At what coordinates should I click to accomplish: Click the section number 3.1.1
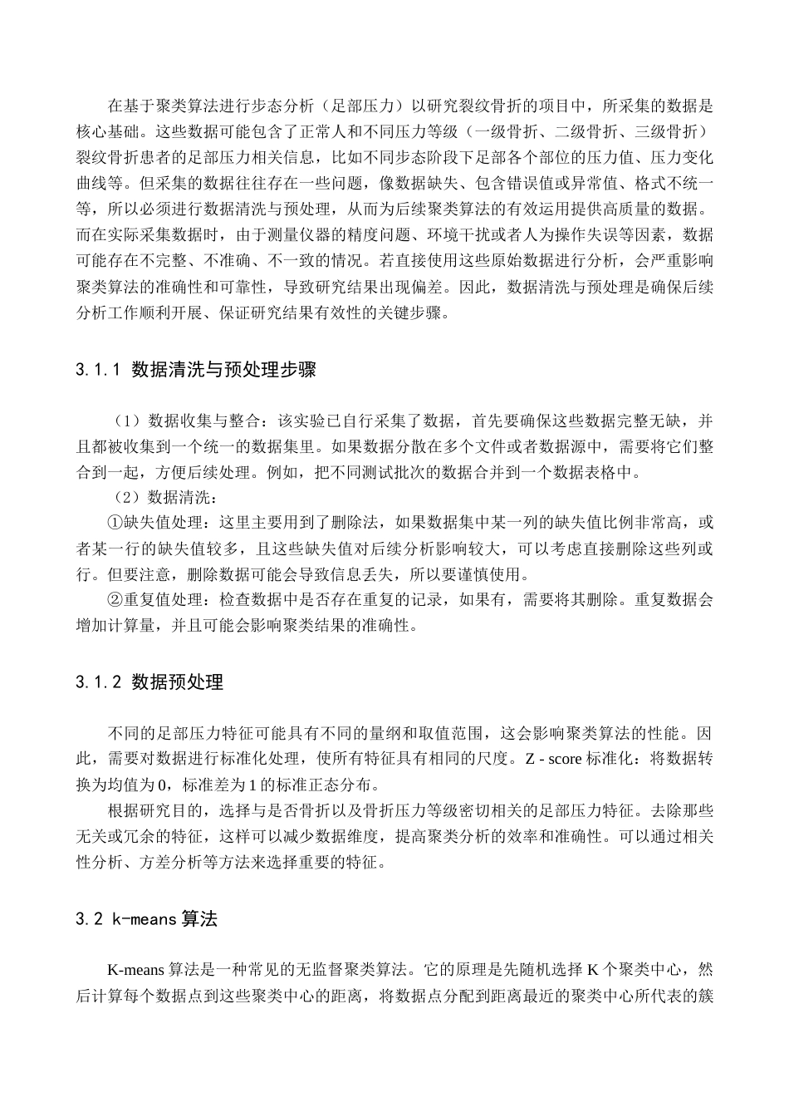[x=99, y=370]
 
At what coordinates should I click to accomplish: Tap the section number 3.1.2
[x=99, y=682]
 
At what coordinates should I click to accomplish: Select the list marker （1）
[x=129, y=421]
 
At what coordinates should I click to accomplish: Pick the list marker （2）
[x=129, y=498]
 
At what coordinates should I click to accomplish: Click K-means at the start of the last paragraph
[x=136, y=970]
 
